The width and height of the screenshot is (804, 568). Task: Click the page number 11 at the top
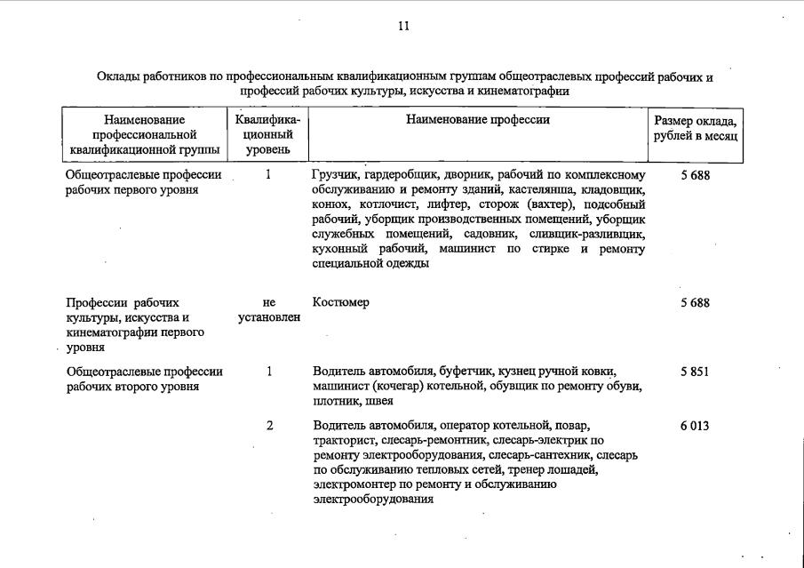coord(402,26)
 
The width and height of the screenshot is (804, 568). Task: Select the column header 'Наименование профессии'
coord(478,120)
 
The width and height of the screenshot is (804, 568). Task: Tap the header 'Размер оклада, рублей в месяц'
coord(695,128)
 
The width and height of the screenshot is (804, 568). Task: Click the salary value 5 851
coord(695,372)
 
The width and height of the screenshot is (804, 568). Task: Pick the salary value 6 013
coord(695,426)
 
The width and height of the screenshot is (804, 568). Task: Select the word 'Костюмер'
coord(341,302)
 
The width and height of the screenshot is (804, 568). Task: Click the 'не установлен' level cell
coord(269,310)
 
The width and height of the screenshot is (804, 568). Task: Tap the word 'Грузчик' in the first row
coord(336,175)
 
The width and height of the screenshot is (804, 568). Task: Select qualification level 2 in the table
coord(269,426)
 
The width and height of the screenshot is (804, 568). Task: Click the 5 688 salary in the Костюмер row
coord(695,302)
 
